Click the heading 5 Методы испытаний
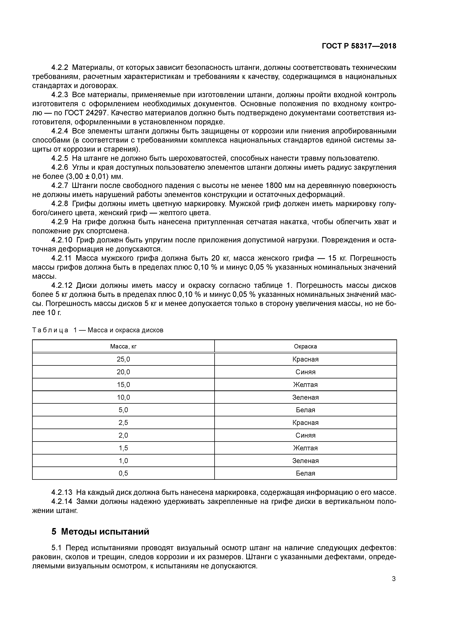point(100,531)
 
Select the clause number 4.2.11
point(61,258)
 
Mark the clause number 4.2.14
point(61,502)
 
